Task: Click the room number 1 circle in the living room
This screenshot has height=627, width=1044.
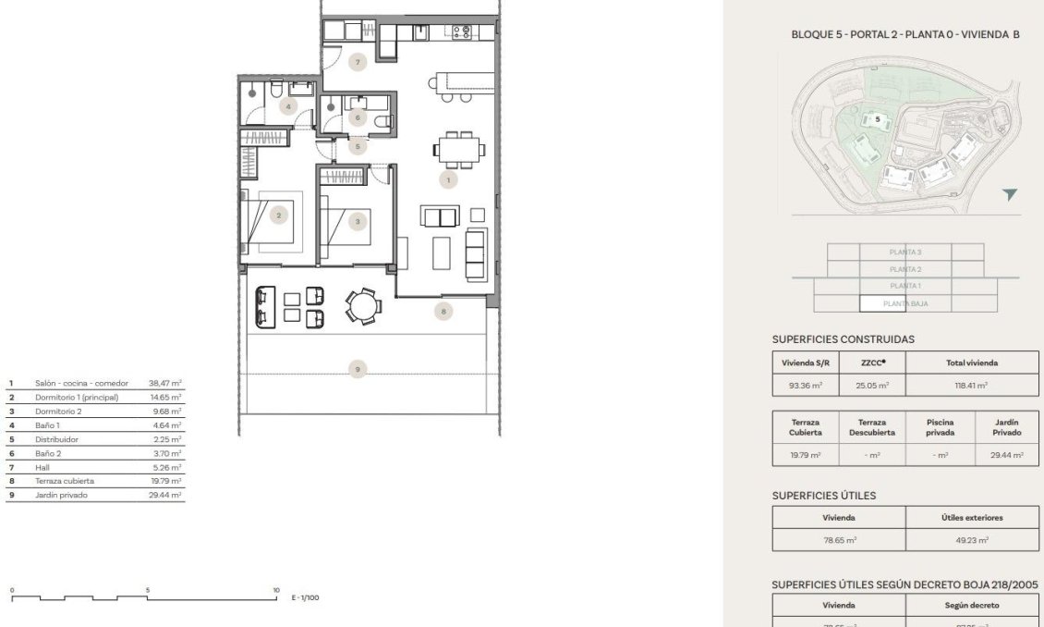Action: click(448, 179)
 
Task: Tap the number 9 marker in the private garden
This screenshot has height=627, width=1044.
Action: click(358, 370)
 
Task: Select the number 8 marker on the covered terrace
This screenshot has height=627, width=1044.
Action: click(443, 312)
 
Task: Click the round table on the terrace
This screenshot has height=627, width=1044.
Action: click(361, 305)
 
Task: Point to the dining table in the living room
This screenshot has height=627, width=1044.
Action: click(458, 148)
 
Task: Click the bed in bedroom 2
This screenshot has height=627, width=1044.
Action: click(272, 221)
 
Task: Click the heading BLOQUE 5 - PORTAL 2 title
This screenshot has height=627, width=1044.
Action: click(905, 34)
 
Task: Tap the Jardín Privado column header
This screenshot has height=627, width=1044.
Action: click(1006, 426)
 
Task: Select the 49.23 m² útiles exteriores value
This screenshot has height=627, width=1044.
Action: click(972, 539)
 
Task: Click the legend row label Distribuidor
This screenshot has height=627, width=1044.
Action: click(55, 439)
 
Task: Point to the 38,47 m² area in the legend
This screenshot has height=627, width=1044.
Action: click(165, 382)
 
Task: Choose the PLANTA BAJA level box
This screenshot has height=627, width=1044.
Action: click(904, 303)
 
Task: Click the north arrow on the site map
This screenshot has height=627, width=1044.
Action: click(1010, 194)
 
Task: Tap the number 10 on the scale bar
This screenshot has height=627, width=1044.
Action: click(275, 589)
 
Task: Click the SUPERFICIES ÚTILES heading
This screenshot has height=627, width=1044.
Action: click(823, 496)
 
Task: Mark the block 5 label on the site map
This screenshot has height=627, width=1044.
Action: click(878, 118)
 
